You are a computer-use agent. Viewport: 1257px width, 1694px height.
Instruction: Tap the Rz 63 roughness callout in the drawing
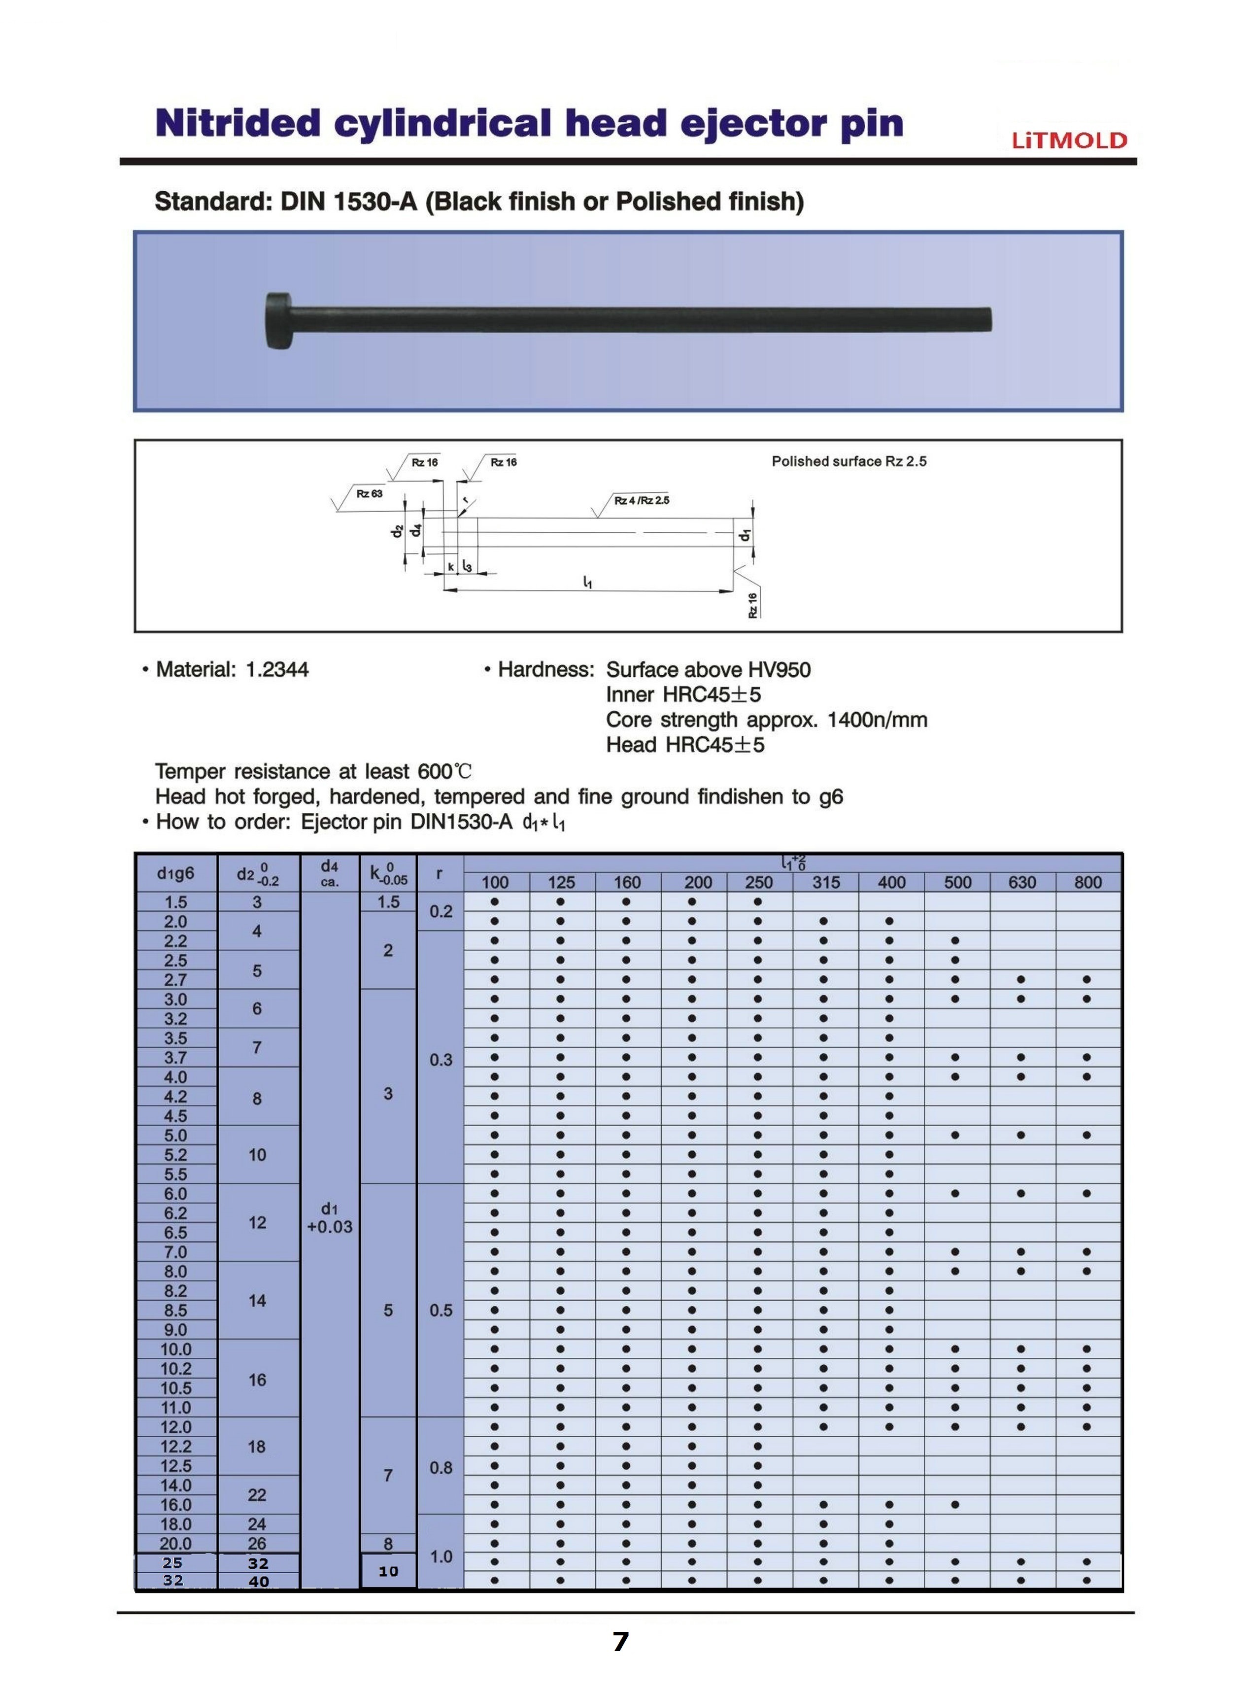[369, 494]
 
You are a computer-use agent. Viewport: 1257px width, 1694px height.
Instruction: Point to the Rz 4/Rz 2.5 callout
[642, 500]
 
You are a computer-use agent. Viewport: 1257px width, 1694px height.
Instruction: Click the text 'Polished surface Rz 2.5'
[849, 461]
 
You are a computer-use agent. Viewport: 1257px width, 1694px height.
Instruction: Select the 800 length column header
[1088, 882]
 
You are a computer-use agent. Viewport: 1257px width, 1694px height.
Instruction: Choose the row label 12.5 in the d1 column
[176, 1466]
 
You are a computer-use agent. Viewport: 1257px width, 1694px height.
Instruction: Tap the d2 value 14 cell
[257, 1301]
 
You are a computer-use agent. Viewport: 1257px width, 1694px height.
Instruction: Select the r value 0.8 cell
[442, 1467]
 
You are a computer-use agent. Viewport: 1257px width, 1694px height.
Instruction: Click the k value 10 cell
[388, 1571]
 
